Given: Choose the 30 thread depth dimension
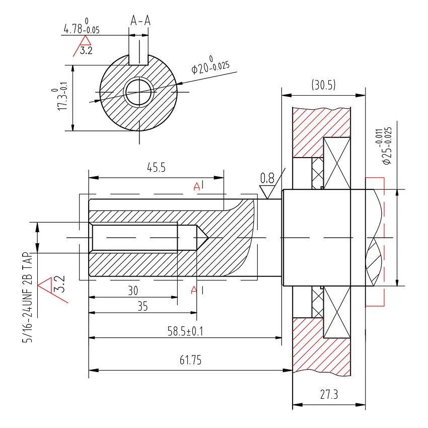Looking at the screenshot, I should click(132, 291).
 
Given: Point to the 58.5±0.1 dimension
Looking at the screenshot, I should click(189, 331).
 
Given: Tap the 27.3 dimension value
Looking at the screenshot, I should click(328, 395).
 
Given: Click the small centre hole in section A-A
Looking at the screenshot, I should click(138, 92).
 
